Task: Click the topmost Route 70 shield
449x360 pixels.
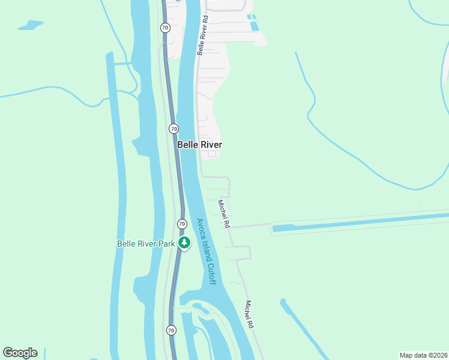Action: click(x=165, y=28)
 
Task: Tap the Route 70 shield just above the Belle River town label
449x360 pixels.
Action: click(x=173, y=128)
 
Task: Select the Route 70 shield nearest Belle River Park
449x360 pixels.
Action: click(x=182, y=224)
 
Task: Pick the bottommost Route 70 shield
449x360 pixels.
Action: click(x=171, y=330)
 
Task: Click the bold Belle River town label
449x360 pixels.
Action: click(x=199, y=145)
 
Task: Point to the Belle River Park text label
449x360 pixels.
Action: click(x=145, y=244)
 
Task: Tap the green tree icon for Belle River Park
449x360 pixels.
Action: click(x=184, y=243)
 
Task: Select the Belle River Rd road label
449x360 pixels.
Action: click(x=203, y=35)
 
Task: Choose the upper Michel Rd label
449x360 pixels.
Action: click(x=224, y=214)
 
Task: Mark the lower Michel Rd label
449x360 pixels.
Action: click(x=248, y=314)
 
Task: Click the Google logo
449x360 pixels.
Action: click(x=20, y=353)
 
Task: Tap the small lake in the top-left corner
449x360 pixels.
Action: click(x=31, y=25)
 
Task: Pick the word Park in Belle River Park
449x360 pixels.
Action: click(x=166, y=244)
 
